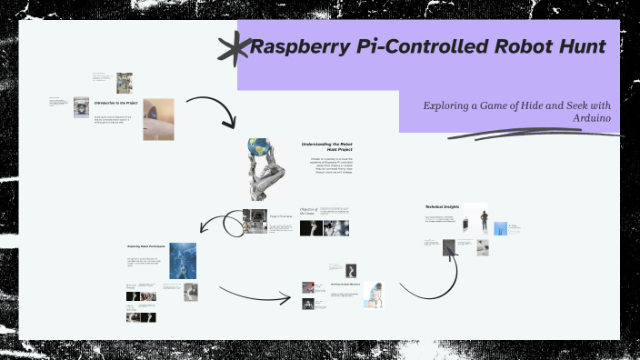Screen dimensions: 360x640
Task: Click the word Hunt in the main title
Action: point(575,46)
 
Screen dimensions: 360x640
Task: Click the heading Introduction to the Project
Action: point(116,103)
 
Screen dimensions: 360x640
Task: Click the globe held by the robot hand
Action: point(258,148)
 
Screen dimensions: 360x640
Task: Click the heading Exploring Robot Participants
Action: point(145,246)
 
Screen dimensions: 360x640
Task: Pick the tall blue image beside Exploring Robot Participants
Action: point(183,259)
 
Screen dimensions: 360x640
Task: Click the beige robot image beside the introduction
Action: point(158,118)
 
